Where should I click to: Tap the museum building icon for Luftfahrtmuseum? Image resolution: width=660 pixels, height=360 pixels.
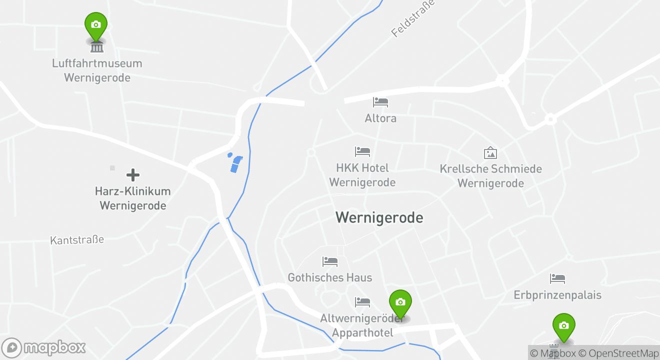[x=97, y=47]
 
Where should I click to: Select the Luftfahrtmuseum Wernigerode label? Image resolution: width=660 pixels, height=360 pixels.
[x=97, y=70]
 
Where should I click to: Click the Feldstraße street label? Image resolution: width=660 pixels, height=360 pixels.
[x=413, y=18]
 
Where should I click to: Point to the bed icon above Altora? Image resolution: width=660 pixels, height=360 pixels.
[x=380, y=102]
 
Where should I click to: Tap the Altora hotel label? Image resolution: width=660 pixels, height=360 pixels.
[x=380, y=118]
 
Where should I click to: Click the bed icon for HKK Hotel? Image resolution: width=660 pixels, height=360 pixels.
[x=362, y=151]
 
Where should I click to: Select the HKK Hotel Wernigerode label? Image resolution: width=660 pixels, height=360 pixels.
[x=362, y=175]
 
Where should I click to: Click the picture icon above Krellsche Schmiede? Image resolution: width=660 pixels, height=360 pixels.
[x=490, y=152]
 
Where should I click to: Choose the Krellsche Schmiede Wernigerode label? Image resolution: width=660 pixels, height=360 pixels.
[x=490, y=176]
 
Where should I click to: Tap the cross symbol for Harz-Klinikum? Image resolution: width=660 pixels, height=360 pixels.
[x=133, y=175]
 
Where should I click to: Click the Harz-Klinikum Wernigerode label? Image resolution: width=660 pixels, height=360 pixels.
[x=133, y=198]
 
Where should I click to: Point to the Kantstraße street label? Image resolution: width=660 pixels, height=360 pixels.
[x=77, y=240]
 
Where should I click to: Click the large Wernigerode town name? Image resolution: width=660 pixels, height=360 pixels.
[x=379, y=217]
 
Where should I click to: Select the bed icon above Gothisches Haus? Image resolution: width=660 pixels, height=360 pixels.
[x=330, y=261]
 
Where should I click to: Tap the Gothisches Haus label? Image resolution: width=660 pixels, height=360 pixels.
[x=330, y=277]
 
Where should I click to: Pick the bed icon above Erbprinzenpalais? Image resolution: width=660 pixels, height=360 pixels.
[x=557, y=278]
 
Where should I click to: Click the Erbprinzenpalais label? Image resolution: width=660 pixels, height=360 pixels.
[x=557, y=295]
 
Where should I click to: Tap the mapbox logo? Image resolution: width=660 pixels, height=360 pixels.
[x=44, y=347]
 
